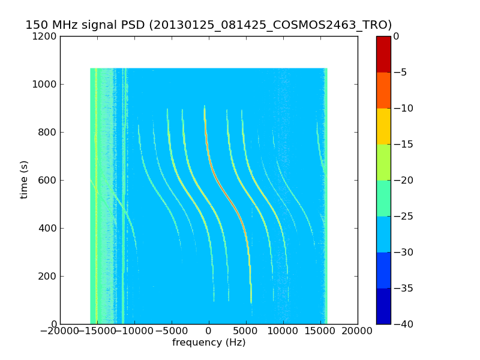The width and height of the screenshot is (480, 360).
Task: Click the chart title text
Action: pos(208,25)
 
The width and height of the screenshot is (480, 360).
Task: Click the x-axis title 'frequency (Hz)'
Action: pos(209,343)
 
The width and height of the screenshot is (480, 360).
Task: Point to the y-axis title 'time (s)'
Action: pos(24,179)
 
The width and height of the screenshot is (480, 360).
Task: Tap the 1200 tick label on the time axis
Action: pos(46,36)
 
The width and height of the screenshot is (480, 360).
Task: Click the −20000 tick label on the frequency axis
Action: pos(60,331)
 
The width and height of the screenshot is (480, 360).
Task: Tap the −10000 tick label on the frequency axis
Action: pos(134,331)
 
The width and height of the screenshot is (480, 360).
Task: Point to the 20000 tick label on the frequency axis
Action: pos(358,331)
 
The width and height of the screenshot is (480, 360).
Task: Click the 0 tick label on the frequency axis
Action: pos(209,331)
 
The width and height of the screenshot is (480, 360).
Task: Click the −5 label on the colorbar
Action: pos(401,72)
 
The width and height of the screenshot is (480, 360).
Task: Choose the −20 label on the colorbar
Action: pos(404,180)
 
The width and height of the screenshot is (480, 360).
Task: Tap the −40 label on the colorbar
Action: pos(404,324)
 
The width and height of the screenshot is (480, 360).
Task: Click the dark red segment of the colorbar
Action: pos(383,54)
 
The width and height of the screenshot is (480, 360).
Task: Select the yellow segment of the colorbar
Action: pos(383,126)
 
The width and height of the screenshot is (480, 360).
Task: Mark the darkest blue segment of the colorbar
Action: pos(383,306)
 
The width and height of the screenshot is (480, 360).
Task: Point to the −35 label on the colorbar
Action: pos(404,288)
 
